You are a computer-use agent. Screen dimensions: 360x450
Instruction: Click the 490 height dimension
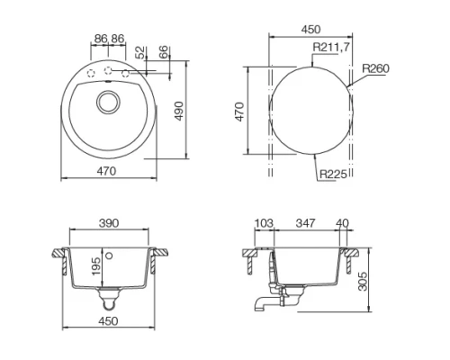178,112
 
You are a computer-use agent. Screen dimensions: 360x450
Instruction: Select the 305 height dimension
361,283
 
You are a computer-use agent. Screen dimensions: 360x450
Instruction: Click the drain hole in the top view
109,100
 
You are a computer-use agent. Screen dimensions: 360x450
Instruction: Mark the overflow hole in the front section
110,256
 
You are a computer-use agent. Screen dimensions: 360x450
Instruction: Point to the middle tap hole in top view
109,70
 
